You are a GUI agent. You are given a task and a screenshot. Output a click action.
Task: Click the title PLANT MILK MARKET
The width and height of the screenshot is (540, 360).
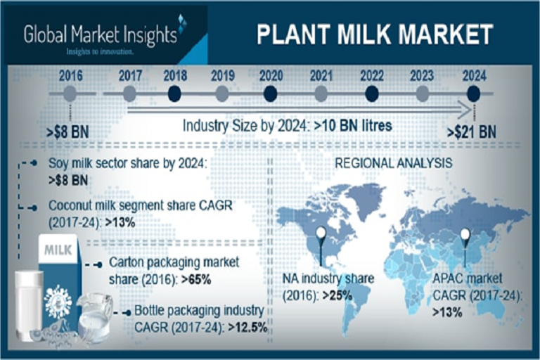pyautogui.click(x=374, y=34)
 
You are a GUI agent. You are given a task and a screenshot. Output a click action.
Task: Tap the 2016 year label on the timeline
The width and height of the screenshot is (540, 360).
pyautogui.click(x=70, y=75)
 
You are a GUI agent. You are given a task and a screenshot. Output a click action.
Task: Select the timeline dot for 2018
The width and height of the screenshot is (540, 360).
pyautogui.click(x=175, y=94)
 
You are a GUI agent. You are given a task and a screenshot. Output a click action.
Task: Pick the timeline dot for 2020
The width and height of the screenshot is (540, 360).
pyautogui.click(x=271, y=94)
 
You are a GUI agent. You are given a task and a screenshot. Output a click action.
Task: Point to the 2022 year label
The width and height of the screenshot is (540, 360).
pyautogui.click(x=372, y=75)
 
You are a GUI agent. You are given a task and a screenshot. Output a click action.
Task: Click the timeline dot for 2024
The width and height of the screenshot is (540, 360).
pyautogui.click(x=473, y=94)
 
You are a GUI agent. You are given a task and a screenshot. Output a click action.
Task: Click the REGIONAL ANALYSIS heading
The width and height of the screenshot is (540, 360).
pyautogui.click(x=394, y=163)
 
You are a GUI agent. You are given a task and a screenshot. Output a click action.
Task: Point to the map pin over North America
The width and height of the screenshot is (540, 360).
pyautogui.click(x=321, y=236)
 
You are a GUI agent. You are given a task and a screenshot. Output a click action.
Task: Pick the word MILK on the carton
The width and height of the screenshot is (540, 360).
pyautogui.click(x=58, y=250)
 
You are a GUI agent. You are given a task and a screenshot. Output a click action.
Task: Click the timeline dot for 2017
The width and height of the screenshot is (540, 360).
pyautogui.click(x=129, y=94)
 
